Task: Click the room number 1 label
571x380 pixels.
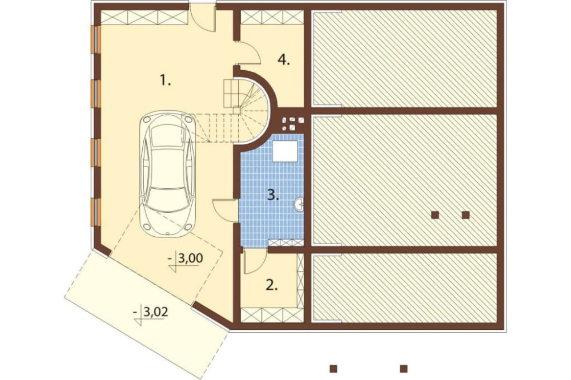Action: click(x=166, y=79)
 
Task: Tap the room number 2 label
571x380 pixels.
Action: click(x=272, y=285)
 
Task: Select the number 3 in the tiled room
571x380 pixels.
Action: click(x=273, y=195)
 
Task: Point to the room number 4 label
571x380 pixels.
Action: click(x=284, y=59)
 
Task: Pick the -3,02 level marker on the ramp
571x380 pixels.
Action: click(x=151, y=314)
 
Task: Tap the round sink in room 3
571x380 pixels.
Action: click(x=298, y=204)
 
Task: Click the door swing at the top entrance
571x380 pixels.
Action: click(x=204, y=19)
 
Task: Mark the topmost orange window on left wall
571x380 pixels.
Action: click(x=97, y=41)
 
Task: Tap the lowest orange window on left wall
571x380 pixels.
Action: click(x=97, y=213)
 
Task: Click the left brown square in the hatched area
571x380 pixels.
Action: click(x=435, y=215)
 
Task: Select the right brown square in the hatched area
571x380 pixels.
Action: click(x=465, y=215)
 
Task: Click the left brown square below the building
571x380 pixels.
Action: click(x=333, y=369)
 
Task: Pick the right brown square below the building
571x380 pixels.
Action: click(x=404, y=369)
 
